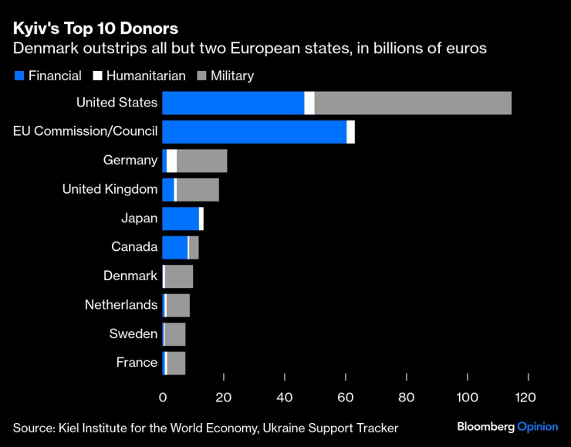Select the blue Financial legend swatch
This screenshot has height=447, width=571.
(19, 76)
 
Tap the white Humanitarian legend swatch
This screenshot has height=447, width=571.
(97, 76)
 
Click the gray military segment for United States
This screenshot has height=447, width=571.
(413, 103)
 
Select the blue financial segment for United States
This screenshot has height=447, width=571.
(233, 103)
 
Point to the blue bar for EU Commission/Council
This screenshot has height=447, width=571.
(254, 132)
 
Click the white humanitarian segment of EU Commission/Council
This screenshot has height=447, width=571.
(350, 132)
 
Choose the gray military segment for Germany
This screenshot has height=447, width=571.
(201, 161)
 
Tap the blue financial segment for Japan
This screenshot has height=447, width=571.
(181, 218)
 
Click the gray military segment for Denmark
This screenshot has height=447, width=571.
(178, 276)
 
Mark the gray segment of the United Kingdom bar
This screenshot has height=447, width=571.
(198, 190)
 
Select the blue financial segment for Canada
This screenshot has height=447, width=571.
(174, 247)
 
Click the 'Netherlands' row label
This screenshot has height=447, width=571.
(121, 305)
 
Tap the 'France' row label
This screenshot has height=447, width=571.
(137, 362)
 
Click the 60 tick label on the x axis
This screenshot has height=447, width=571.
(345, 397)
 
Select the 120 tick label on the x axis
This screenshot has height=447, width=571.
(527, 397)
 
